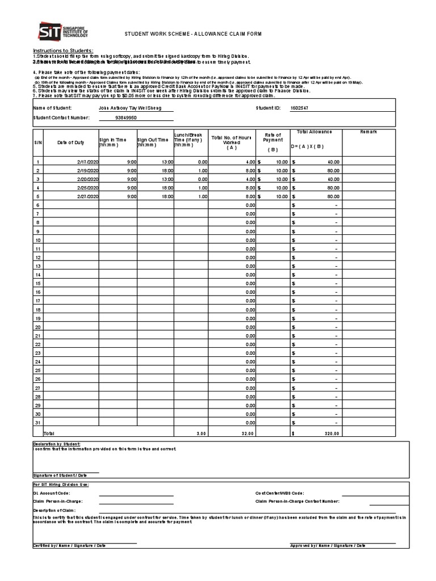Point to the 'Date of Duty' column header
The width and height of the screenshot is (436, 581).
(x=70, y=142)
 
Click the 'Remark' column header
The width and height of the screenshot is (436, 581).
(x=368, y=132)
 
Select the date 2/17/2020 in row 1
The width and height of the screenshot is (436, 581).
(x=87, y=162)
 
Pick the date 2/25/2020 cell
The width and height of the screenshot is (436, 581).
(x=87, y=187)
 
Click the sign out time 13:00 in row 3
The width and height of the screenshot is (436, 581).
(x=166, y=179)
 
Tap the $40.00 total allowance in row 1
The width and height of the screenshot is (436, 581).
(x=332, y=162)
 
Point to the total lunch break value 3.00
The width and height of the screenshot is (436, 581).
(x=202, y=433)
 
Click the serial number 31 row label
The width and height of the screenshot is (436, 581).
(x=37, y=423)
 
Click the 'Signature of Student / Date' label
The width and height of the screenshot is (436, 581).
(x=60, y=475)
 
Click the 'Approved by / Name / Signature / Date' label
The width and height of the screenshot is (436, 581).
(x=328, y=545)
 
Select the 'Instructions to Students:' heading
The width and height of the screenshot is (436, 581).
(x=63, y=50)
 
